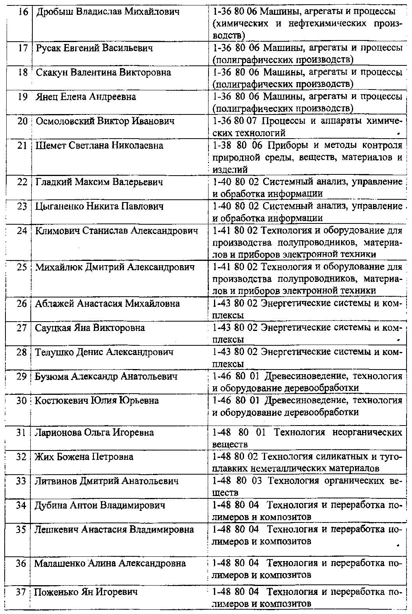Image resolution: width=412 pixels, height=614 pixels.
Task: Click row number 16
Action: tap(23, 12)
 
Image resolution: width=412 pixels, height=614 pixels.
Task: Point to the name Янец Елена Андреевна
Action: tap(86, 97)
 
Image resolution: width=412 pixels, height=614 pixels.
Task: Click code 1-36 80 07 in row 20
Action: tap(234, 121)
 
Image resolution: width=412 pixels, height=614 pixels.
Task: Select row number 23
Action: tap(22, 206)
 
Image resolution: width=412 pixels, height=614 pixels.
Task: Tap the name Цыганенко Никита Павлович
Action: tap(99, 206)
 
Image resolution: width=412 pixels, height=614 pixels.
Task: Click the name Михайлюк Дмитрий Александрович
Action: tap(115, 267)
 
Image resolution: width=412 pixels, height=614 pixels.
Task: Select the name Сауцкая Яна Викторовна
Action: tap(90, 328)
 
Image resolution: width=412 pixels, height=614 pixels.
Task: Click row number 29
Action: tap(21, 376)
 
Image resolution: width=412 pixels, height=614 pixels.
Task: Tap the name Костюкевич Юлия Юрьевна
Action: tap(97, 401)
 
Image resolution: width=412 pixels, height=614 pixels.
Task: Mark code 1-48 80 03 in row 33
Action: tap(237, 481)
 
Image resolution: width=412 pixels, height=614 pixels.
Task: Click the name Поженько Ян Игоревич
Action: tap(86, 593)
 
